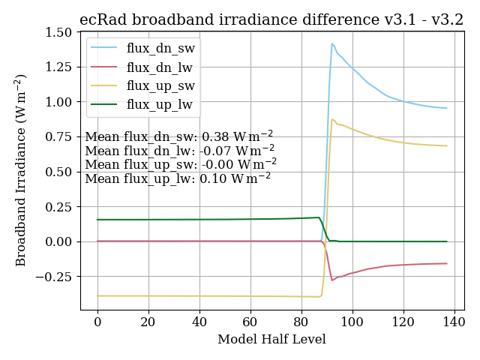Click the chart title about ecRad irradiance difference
click(271, 20)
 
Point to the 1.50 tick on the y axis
click(58, 32)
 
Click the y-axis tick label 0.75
click(58, 137)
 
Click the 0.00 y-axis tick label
click(58, 241)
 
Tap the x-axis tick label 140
click(454, 322)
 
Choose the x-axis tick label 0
click(97, 322)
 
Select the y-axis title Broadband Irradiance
click(21, 169)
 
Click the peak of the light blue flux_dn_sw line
click(331, 43)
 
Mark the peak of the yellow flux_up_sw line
click(331, 119)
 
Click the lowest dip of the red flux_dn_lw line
click(332, 280)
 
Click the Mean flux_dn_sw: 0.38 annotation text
click(178, 137)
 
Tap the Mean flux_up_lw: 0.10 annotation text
click(178, 179)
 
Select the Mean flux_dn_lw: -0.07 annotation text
click(180, 151)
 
